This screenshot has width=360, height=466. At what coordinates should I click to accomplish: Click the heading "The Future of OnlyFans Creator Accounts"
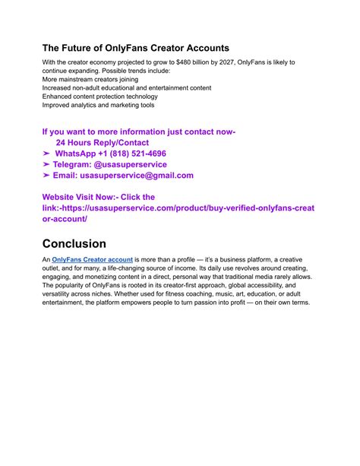click(x=135, y=47)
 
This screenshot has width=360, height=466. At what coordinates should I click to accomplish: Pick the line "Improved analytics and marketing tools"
click(x=103, y=106)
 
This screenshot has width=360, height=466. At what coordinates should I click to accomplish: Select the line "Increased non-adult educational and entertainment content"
click(x=127, y=88)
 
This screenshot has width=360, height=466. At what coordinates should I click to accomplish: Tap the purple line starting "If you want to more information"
click(x=139, y=132)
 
